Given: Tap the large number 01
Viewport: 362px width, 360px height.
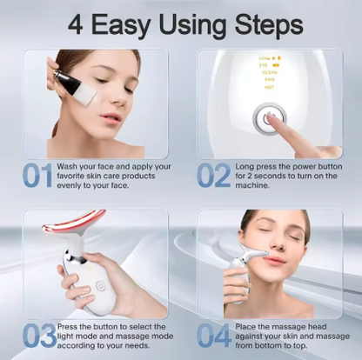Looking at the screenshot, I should pyautogui.click(x=37, y=175).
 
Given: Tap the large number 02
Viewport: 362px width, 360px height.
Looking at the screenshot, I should pyautogui.click(x=214, y=175).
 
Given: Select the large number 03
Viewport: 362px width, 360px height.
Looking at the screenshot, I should pyautogui.click(x=37, y=334).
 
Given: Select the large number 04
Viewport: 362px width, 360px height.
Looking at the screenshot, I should pyautogui.click(x=214, y=334).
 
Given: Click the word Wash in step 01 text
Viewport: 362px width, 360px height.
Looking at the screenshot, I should pyautogui.click(x=67, y=165).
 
